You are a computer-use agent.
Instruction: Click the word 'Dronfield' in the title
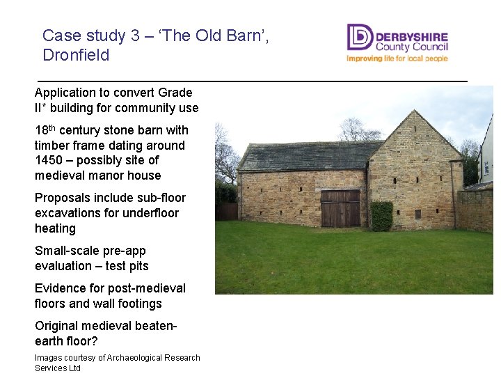tap(76, 56)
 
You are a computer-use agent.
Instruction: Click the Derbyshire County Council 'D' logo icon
tap(360, 37)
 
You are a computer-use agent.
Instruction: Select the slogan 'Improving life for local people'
tap(397, 58)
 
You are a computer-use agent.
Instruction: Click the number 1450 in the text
tap(49, 161)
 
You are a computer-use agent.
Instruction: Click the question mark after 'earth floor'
tap(95, 341)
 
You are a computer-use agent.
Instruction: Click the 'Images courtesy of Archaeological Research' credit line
tap(117, 358)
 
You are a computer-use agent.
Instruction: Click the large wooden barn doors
tap(340, 208)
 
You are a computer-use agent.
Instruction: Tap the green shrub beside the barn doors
tap(381, 216)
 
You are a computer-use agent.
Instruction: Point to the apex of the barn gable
tap(415, 112)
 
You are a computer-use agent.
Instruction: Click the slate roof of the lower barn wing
tap(306, 155)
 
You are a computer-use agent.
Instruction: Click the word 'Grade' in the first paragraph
tap(175, 93)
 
